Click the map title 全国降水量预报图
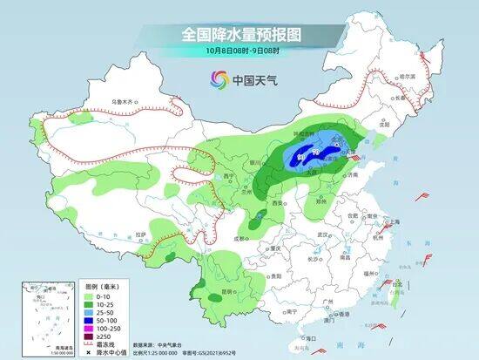pos(239,35)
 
